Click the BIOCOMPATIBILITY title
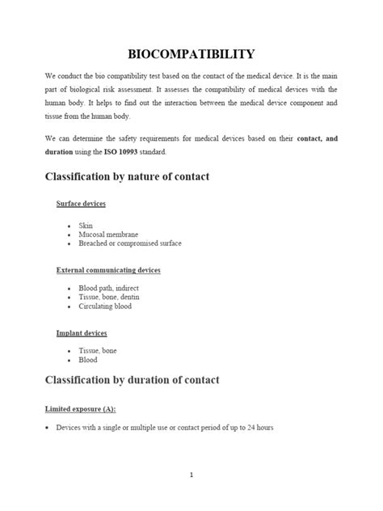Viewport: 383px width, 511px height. coord(191,55)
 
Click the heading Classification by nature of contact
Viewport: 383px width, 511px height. coord(127,177)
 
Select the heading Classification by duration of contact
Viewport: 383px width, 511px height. coord(133,379)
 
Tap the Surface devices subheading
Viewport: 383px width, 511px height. coord(80,204)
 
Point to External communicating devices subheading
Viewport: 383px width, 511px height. coord(107,269)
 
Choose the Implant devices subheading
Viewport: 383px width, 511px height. coord(81,333)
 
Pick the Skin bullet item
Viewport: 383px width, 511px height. coord(86,224)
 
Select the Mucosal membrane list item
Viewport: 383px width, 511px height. coord(106,233)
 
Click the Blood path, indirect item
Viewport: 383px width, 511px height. coord(107,289)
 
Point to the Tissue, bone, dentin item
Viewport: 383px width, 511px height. coord(110,298)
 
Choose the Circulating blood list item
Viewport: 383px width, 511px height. coord(106,307)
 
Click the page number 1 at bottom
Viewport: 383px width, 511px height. coord(191,475)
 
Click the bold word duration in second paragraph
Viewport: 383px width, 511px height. coord(59,151)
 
